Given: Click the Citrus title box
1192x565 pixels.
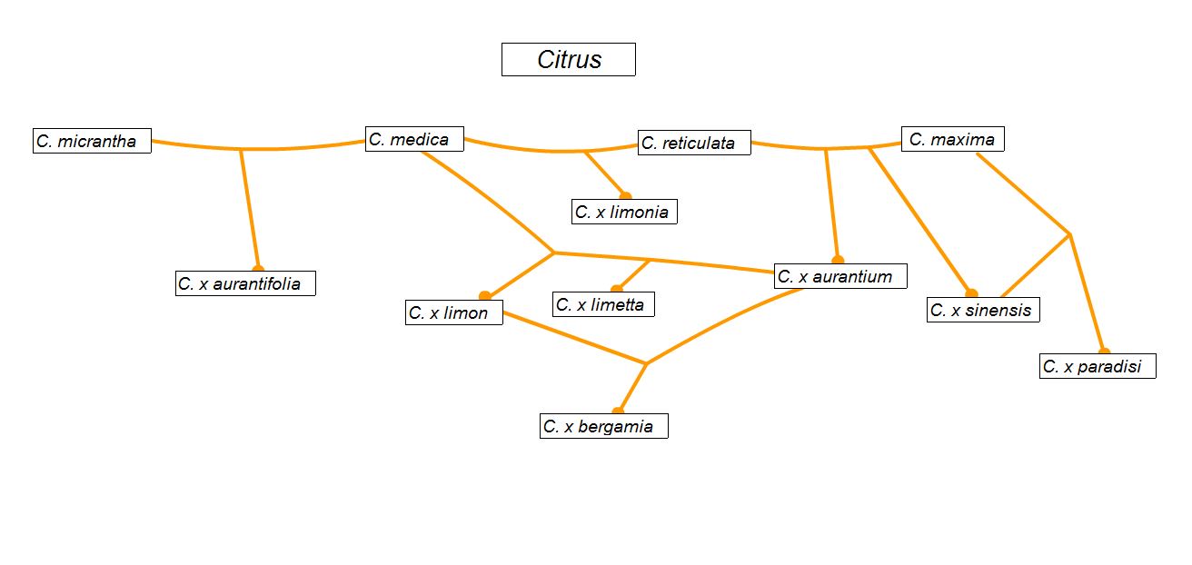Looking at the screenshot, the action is (569, 60).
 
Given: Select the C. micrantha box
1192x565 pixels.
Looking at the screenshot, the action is (92, 141).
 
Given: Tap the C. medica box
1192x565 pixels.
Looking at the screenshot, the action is (414, 139).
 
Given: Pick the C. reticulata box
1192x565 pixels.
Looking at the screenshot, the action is (694, 143).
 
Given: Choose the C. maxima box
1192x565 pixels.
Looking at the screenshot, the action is (953, 139).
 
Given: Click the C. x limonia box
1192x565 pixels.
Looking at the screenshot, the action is (624, 212).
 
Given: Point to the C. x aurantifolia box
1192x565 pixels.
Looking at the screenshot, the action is (245, 283).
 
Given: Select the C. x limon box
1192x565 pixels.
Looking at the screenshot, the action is (454, 312).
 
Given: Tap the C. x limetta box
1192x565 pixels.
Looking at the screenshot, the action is (603, 304).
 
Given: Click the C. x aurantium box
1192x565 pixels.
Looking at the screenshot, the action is (840, 276).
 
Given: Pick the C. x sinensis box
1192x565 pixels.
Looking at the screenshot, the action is (983, 310).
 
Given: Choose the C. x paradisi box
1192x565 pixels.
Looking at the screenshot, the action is (1098, 366).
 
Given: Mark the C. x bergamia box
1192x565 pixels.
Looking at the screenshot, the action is (604, 426).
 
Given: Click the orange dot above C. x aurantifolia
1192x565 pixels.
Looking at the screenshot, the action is (258, 268).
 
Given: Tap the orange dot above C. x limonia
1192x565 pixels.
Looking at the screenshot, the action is (626, 196).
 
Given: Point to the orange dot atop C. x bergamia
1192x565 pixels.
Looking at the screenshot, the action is (618, 411).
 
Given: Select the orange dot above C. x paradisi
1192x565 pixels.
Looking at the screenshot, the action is (1105, 352).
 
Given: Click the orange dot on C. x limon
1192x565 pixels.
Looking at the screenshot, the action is (485, 295).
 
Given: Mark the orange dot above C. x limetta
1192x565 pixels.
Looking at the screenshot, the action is (617, 289).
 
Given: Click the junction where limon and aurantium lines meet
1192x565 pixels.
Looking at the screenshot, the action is (647, 364).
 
